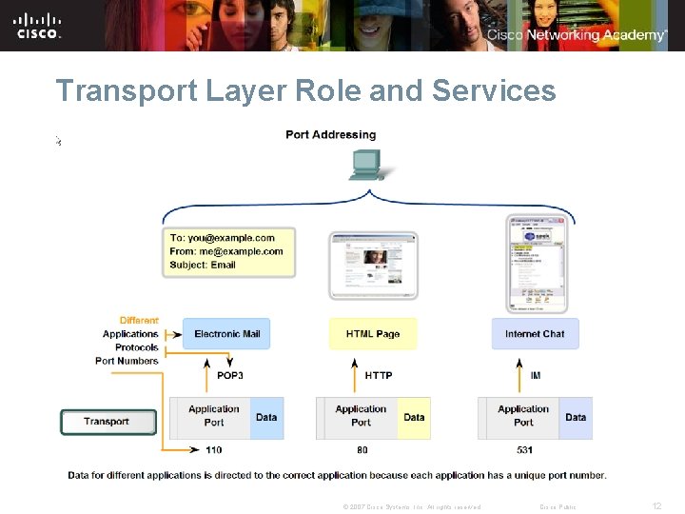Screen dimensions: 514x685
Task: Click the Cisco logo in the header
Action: (38, 25)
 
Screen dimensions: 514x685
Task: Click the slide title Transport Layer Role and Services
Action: (305, 91)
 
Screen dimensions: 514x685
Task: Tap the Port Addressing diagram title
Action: (330, 135)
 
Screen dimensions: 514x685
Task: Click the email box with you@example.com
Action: (228, 251)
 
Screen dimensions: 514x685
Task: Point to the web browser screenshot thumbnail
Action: (373, 266)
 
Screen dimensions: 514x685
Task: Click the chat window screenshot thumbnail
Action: (535, 263)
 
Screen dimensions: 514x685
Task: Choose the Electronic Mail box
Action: (227, 334)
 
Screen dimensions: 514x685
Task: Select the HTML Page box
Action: (373, 334)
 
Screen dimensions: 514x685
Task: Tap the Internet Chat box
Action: (535, 334)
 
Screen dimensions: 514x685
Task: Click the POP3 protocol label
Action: (230, 376)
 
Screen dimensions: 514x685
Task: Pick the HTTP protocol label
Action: (379, 376)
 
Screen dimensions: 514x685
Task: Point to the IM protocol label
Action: (535, 376)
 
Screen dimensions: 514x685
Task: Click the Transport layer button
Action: (108, 422)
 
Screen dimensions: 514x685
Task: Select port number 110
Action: (213, 450)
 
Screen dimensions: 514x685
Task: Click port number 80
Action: (362, 450)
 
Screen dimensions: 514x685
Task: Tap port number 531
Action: (524, 450)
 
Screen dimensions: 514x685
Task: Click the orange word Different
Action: (139, 321)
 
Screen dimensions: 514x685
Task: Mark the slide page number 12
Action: (656, 506)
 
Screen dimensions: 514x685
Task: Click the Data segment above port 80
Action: (414, 418)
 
